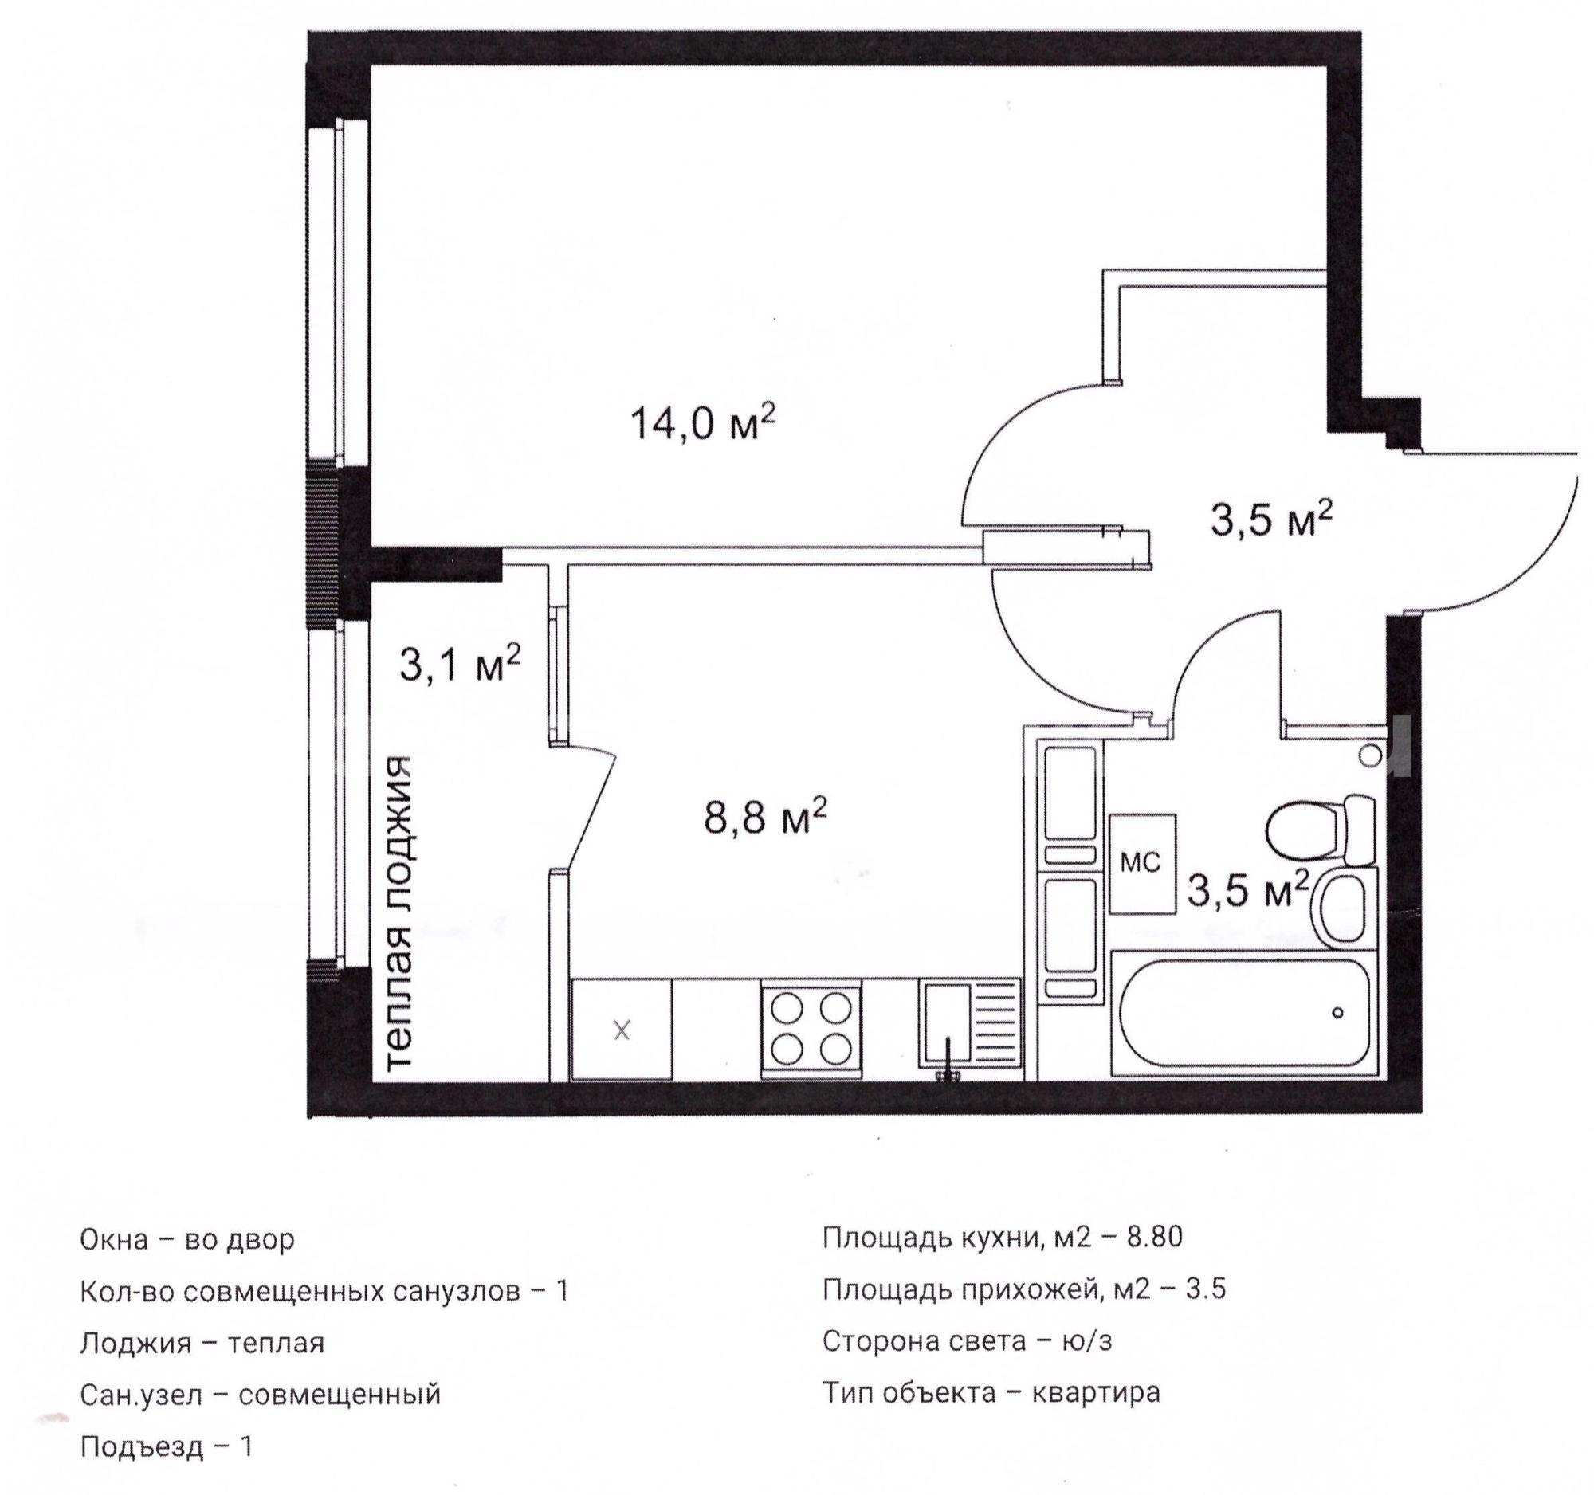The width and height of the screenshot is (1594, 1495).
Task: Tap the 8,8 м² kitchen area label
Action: point(765,817)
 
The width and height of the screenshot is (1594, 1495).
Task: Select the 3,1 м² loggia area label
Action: point(460,662)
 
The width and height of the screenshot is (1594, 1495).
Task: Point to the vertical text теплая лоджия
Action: point(398,912)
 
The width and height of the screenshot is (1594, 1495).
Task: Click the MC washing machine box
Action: point(1143,864)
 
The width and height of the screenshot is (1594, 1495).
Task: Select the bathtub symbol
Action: point(1243,1012)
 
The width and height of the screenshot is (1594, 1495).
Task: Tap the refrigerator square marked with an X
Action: point(622,1030)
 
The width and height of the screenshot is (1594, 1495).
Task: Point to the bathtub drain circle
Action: point(1337,1012)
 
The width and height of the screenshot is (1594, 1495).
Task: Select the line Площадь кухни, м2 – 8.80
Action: point(1003,1238)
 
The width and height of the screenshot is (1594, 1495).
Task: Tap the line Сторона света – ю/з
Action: point(967,1340)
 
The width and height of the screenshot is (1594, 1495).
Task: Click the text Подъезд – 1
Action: point(166,1446)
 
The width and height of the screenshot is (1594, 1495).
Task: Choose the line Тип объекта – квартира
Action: point(991,1392)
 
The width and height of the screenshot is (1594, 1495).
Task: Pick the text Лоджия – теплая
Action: point(202,1344)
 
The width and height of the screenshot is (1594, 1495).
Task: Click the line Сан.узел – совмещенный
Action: point(261,1395)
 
